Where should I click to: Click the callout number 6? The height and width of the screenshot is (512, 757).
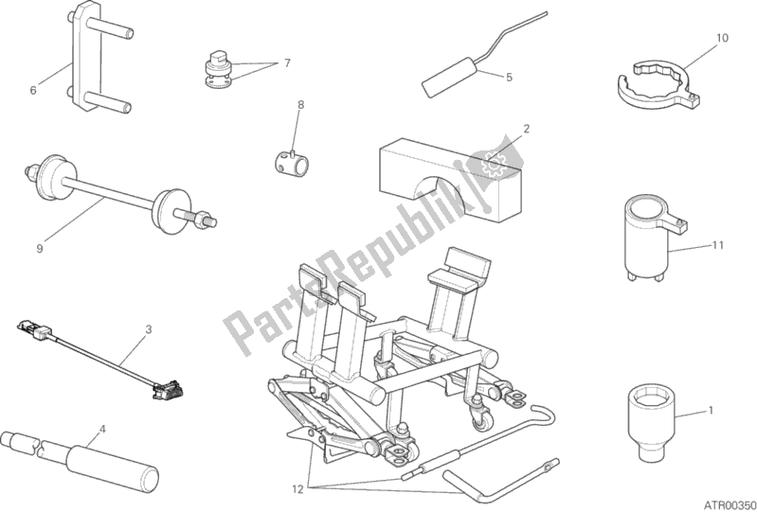[33, 90]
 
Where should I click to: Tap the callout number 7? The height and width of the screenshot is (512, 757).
[287, 63]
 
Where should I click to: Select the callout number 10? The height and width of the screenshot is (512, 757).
[722, 38]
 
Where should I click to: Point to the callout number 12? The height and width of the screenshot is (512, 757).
[297, 489]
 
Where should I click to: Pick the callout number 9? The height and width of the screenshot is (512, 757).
[40, 248]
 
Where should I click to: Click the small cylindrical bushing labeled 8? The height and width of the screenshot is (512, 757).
[289, 163]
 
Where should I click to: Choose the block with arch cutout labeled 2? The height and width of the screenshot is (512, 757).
[449, 181]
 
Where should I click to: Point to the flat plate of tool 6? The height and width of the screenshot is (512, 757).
[87, 57]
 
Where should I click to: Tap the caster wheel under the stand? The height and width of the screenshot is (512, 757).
[483, 422]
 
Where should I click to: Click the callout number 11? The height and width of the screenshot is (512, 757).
[718, 245]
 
